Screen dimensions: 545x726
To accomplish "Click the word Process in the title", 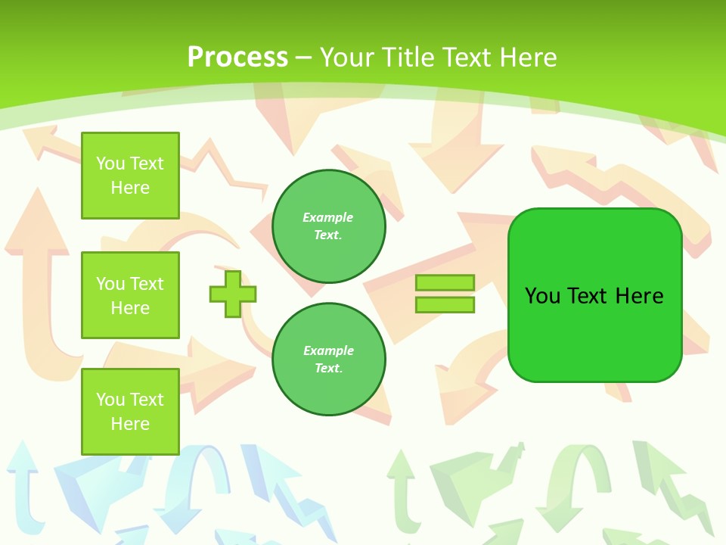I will (x=237, y=58).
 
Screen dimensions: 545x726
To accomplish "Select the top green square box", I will (x=130, y=176).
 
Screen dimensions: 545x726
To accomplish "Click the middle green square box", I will (x=130, y=295).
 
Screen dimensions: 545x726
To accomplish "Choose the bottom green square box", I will (x=130, y=412).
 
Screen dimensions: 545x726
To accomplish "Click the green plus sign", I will (x=233, y=294).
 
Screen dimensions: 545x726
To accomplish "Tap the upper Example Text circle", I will (x=329, y=226).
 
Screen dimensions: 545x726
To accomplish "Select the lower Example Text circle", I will (x=329, y=360).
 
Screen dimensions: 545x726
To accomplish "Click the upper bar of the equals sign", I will (x=445, y=283).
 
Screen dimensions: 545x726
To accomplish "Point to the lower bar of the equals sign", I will (x=445, y=304).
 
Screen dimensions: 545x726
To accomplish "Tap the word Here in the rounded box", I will (x=639, y=296).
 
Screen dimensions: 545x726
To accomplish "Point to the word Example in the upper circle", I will (x=328, y=217).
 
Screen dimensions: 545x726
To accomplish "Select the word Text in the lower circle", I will (x=327, y=369).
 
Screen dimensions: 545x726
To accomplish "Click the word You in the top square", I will (x=110, y=163).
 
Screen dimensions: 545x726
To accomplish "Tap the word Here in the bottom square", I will (x=130, y=424).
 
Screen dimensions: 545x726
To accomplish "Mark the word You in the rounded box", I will (x=542, y=296).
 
